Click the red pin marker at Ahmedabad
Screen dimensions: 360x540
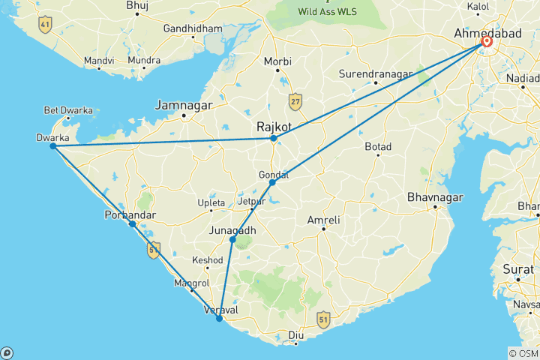point(487,42)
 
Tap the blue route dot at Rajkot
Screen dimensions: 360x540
point(274,138)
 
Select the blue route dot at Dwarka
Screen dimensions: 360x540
point(52,145)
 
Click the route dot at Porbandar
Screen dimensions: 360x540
point(132,223)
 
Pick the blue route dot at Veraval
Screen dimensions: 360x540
point(219,319)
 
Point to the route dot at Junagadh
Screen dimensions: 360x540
point(232,239)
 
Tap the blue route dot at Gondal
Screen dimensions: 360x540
point(272,182)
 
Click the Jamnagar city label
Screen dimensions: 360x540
point(184,105)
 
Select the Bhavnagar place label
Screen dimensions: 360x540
point(430,198)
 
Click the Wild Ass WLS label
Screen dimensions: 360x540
point(328,11)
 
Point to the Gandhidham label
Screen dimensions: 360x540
point(193,28)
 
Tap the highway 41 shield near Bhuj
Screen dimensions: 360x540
point(46,25)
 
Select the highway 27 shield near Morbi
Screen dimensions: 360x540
point(295,100)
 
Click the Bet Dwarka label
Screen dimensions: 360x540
point(69,110)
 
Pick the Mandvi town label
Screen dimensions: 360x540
point(99,60)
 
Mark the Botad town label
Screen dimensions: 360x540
point(378,146)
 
